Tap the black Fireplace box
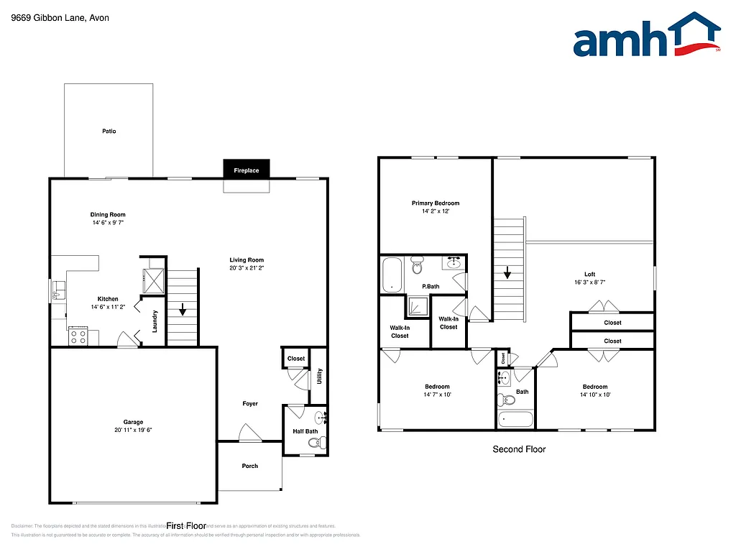tap(246, 170)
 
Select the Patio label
tap(109, 132)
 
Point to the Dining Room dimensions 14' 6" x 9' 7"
tap(108, 223)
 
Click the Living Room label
tap(247, 260)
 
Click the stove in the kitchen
tap(78, 336)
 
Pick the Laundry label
tap(155, 321)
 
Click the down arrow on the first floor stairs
tap(183, 310)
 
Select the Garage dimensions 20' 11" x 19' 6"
tap(133, 430)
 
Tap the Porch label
tap(249, 466)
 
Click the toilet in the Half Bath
tap(314, 443)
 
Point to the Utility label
tap(320, 377)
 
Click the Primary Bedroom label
tap(436, 203)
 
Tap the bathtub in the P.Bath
tap(392, 275)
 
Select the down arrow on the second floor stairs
tap(507, 272)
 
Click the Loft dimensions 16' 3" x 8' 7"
tap(589, 282)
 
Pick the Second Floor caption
tap(519, 449)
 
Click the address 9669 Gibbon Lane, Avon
tap(60, 18)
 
